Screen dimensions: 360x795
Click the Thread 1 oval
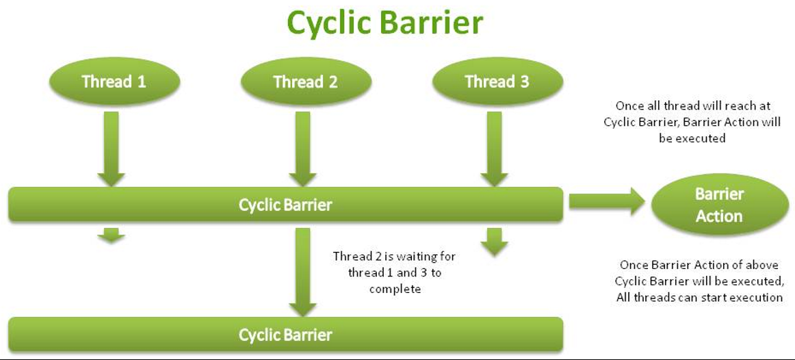tap(114, 82)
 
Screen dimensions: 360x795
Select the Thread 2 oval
tap(305, 82)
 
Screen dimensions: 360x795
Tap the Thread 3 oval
tap(497, 82)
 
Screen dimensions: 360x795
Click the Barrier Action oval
tap(718, 205)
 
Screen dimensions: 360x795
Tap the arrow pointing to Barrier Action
tap(606, 201)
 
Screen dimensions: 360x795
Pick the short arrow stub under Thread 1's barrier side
tap(111, 236)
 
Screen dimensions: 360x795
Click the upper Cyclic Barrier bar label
tap(285, 205)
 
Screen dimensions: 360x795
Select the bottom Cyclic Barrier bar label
tap(285, 335)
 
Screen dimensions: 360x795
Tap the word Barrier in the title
tap(433, 23)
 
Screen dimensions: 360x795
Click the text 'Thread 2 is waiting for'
tap(394, 257)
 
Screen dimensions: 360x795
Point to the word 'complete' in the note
tap(395, 289)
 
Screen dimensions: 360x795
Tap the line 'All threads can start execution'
tap(698, 298)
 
